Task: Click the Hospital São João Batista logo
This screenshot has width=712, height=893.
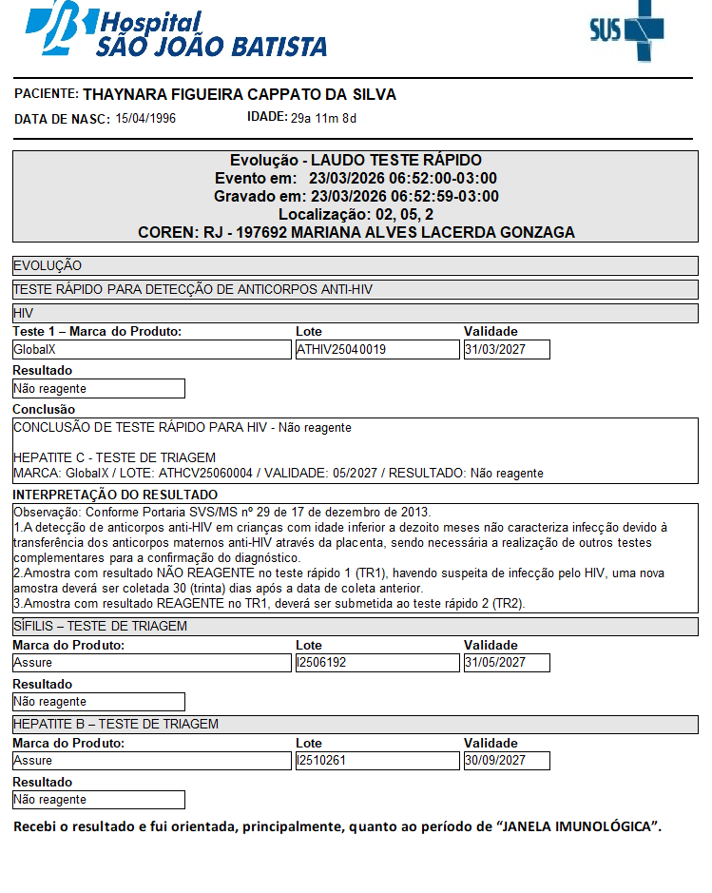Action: (177, 31)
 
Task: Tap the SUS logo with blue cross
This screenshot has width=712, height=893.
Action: (628, 30)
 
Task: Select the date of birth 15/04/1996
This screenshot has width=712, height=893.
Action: (145, 119)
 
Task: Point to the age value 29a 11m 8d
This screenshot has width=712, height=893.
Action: (323, 119)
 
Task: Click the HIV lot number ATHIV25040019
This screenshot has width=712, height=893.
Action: (341, 350)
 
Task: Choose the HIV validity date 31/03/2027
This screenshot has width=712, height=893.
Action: (494, 350)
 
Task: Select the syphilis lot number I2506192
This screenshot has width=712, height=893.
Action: (323, 663)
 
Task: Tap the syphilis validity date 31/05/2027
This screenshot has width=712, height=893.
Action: (494, 663)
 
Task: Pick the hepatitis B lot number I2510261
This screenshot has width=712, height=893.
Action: (323, 761)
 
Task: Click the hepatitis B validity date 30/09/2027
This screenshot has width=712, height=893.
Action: (494, 761)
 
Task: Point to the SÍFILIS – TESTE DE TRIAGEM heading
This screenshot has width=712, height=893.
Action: (100, 626)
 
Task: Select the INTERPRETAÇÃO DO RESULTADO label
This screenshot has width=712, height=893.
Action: (115, 495)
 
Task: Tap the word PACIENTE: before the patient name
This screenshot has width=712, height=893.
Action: (47, 94)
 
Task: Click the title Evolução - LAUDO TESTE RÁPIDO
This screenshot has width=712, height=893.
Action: (356, 160)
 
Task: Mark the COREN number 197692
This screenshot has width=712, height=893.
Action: (262, 232)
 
